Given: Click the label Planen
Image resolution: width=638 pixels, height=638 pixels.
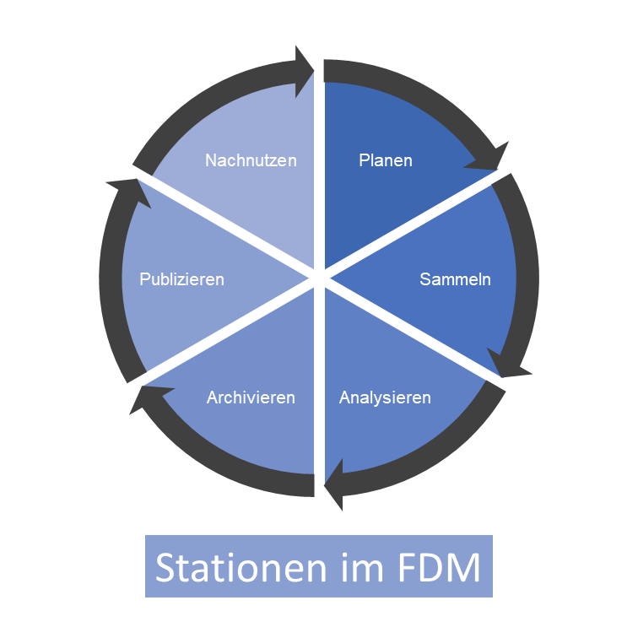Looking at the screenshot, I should click(385, 160).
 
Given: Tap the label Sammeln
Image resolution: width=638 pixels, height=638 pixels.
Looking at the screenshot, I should click(455, 279).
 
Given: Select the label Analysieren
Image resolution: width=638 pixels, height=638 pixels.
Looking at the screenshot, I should click(385, 397).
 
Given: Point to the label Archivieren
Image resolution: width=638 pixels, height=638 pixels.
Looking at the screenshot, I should click(251, 397).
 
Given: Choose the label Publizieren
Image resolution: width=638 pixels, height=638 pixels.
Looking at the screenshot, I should click(182, 279).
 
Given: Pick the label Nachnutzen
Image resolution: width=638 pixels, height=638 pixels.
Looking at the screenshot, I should click(251, 159).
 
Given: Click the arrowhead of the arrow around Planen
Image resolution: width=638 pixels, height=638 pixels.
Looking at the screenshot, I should click(495, 157).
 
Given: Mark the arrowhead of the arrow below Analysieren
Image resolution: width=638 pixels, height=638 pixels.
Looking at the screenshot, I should click(336, 488).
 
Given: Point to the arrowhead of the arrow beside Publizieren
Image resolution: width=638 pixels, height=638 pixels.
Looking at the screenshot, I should click(123, 189).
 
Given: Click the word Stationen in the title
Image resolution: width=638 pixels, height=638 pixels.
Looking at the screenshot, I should click(233, 567).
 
